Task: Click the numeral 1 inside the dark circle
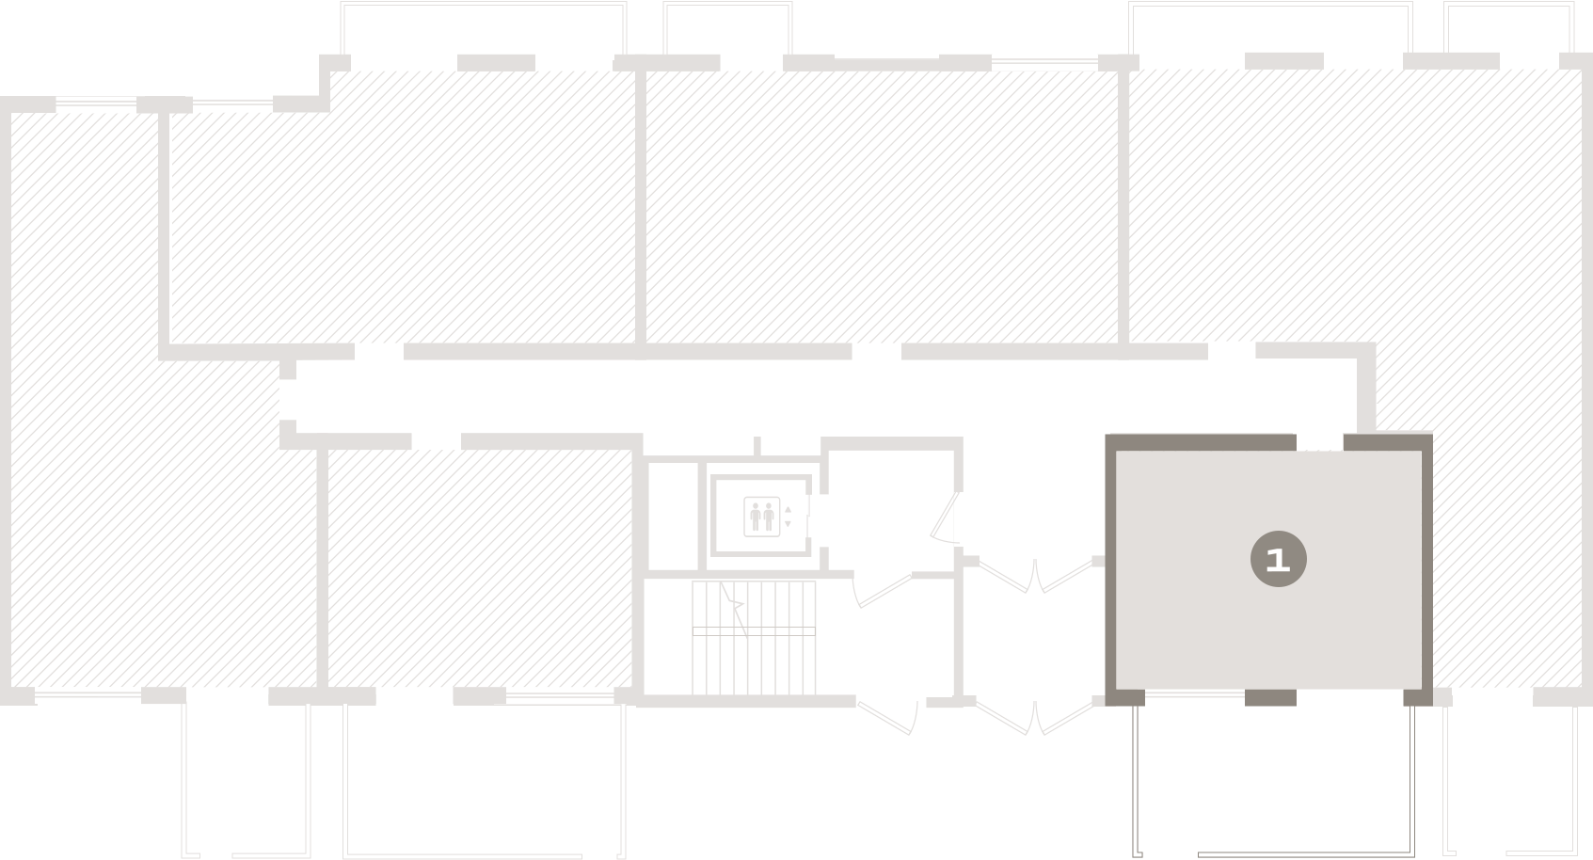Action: click(1278, 560)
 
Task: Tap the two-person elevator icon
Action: click(761, 517)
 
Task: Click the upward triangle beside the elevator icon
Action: click(788, 509)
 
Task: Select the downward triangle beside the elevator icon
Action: click(788, 523)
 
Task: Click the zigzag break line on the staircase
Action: click(735, 609)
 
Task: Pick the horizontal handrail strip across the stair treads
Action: click(754, 631)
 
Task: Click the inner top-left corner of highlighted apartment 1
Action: click(1116, 451)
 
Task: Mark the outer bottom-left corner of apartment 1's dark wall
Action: click(1106, 706)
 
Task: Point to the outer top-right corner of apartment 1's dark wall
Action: click(1432, 434)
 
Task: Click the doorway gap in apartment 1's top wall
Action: click(1320, 442)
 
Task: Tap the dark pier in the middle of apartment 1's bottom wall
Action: click(1270, 697)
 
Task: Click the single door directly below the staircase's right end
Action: click(887, 718)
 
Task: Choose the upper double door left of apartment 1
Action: click(1035, 575)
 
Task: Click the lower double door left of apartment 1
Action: click(1035, 717)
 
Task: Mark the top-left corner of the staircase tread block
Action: click(692, 581)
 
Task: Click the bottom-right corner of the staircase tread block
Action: click(816, 695)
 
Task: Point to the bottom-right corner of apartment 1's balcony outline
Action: click(1414, 855)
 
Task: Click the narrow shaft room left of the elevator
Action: click(673, 517)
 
